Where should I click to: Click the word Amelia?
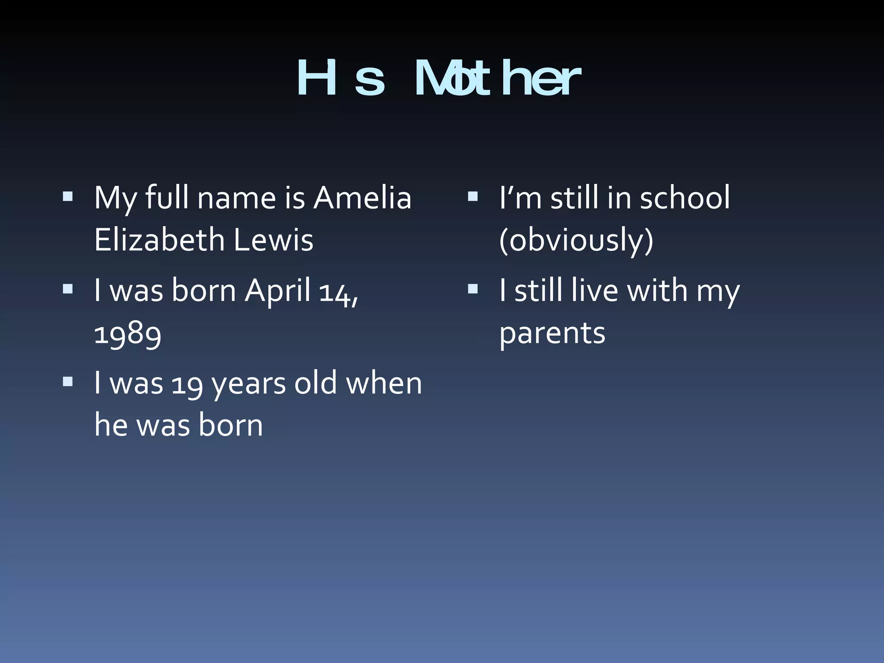click(x=362, y=198)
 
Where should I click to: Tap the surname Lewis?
click(x=273, y=240)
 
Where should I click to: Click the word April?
click(x=278, y=290)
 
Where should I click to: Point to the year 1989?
click(x=128, y=333)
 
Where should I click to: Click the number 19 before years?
click(x=187, y=383)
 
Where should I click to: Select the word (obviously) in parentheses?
click(x=576, y=240)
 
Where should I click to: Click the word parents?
click(x=552, y=333)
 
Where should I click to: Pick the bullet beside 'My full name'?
click(x=68, y=197)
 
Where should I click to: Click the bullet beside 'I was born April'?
click(x=68, y=289)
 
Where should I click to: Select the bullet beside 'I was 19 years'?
click(x=68, y=382)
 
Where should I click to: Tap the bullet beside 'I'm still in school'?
click(x=473, y=197)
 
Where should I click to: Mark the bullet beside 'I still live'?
click(x=473, y=289)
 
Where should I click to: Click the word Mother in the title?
click(x=496, y=79)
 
